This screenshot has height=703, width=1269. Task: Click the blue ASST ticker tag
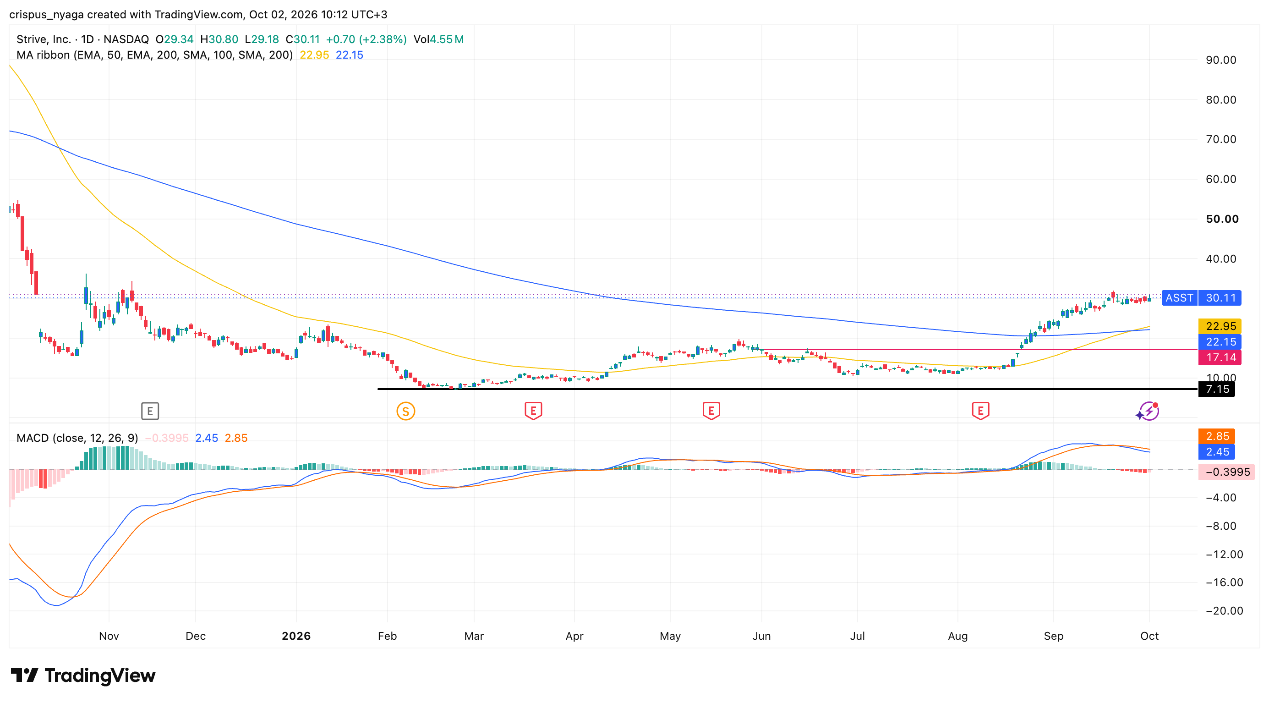(1179, 297)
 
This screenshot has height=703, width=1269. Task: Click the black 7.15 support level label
(1216, 389)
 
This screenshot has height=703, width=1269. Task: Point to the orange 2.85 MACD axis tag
(1216, 436)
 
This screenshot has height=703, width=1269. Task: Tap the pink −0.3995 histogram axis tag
(1227, 472)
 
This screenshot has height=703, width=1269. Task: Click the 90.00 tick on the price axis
(1221, 60)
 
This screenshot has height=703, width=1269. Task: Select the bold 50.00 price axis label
(1222, 219)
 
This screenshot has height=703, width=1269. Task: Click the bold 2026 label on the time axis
(296, 636)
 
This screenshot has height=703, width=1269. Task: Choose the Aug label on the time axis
(957, 636)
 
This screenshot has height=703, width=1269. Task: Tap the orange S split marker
(405, 411)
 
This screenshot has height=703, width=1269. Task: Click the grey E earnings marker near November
(150, 411)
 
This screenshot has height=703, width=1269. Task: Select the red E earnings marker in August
(980, 411)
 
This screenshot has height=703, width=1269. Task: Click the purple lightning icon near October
(1149, 411)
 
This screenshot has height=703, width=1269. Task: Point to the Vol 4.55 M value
(438, 39)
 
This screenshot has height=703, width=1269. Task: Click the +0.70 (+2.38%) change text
(366, 39)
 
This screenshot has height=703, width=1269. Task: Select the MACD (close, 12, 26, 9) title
(77, 438)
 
